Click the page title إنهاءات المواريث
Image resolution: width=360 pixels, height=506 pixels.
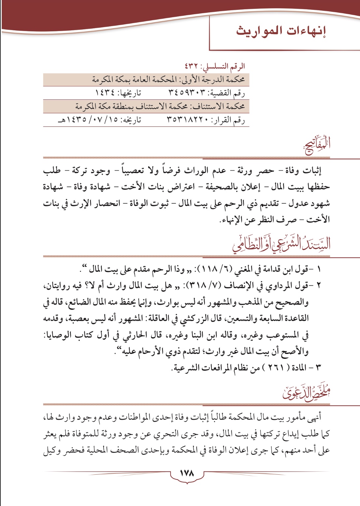[x=281, y=32]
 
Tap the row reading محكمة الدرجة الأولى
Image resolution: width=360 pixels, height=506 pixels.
[x=168, y=79]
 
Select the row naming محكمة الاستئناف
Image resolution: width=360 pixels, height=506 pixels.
[x=160, y=107]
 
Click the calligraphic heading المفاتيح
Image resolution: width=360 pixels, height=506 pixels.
[x=317, y=145]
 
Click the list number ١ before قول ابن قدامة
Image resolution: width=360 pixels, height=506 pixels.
[x=319, y=270]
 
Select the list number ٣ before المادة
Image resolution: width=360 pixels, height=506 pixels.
[x=319, y=367]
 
